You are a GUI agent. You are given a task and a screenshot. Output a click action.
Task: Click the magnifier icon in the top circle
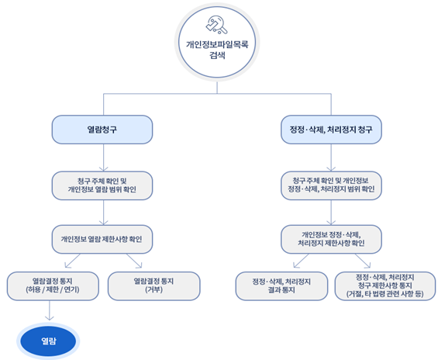pos(217,25)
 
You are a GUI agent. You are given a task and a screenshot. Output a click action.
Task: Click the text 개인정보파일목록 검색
pos(217,50)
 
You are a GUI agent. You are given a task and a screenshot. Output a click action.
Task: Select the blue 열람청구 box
pos(102,130)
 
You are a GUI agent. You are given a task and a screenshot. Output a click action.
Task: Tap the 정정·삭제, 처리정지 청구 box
pos(331,130)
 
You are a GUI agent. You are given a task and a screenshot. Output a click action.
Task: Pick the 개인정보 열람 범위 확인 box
pos(102,185)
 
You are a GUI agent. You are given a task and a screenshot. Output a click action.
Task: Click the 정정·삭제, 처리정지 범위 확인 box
pos(331,185)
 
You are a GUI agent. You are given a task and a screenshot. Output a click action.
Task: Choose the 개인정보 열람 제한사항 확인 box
pos(102,239)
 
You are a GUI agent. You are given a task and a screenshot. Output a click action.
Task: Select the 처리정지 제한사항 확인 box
pos(331,239)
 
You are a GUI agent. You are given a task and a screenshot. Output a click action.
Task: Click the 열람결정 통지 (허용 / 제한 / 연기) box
pos(53,286)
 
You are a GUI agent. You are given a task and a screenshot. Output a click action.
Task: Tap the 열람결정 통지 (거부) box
pos(154,286)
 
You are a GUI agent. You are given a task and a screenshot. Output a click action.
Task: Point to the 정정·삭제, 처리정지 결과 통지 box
pos(281,286)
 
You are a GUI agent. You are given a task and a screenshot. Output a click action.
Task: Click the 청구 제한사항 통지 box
pos(385,286)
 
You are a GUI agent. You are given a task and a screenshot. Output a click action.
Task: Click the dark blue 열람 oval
pos(48,341)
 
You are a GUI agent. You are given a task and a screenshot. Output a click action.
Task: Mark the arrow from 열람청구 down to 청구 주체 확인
pos(104,157)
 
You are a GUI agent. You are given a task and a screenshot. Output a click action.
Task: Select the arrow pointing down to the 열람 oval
pos(50,310)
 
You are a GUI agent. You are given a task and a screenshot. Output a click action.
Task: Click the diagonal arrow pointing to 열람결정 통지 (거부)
pos(134,261)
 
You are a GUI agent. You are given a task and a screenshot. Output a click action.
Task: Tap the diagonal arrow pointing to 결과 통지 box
pos(301,261)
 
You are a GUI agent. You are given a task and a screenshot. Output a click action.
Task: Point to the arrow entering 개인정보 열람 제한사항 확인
pos(104,213)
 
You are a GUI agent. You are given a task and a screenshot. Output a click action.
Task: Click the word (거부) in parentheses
pos(154,290)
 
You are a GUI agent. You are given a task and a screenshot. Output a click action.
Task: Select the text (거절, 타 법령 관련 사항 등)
pos(385,294)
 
